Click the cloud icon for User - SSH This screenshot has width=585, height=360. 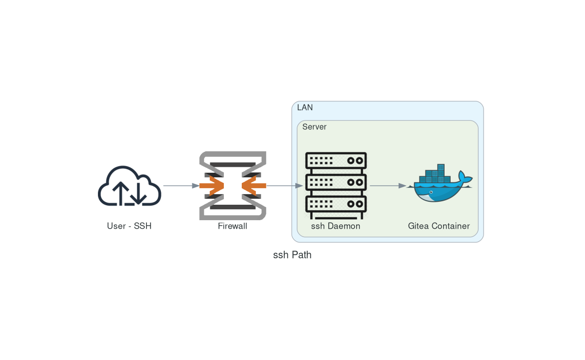(129, 186)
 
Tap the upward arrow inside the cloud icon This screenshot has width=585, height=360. (120, 193)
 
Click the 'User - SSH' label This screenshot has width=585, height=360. (129, 226)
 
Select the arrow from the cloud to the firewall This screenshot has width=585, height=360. (180, 186)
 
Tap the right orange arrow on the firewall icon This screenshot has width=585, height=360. (254, 186)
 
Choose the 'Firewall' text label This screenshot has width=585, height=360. (232, 226)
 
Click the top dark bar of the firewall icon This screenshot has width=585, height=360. (232, 165)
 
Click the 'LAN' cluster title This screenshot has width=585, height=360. (305, 107)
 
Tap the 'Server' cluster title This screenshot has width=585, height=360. (314, 127)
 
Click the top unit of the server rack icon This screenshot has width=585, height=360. (336, 161)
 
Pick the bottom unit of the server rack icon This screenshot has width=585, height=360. (336, 204)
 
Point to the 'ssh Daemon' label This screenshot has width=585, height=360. (336, 226)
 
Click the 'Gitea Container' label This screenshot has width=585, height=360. (439, 226)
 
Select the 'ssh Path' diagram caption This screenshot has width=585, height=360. (292, 255)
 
